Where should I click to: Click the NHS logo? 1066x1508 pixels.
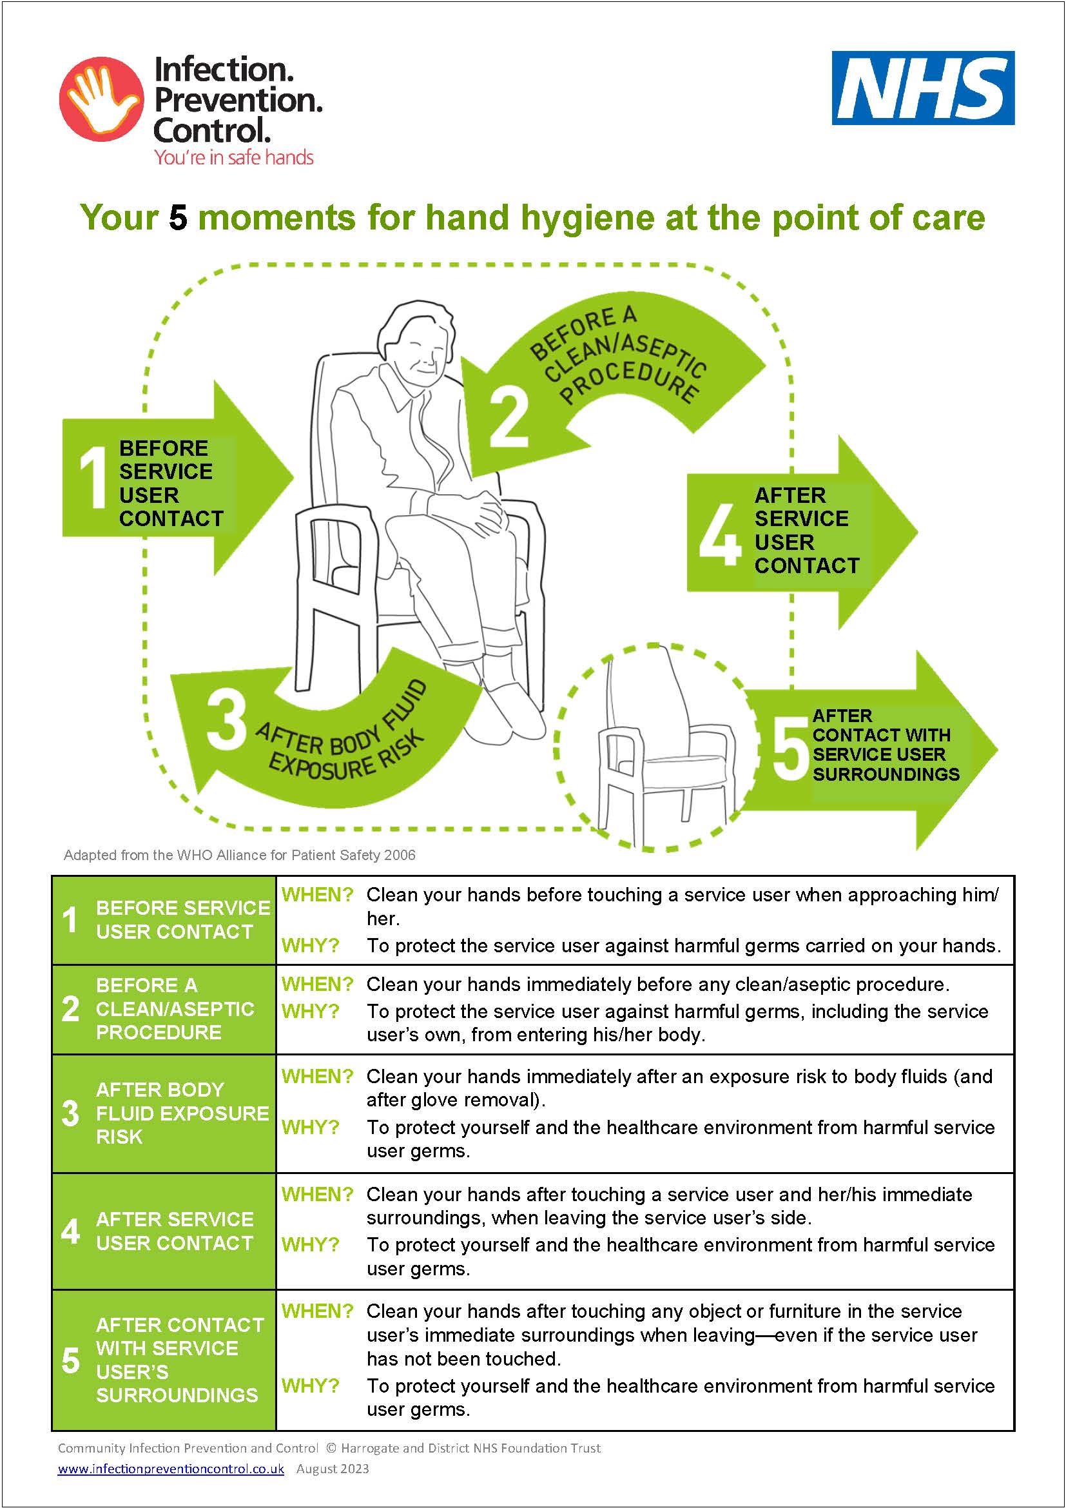pyautogui.click(x=923, y=88)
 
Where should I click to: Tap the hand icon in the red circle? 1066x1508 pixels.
pyautogui.click(x=100, y=97)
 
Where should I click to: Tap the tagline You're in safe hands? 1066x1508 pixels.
pyautogui.click(x=234, y=157)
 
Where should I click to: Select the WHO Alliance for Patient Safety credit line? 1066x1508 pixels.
pyautogui.click(x=240, y=854)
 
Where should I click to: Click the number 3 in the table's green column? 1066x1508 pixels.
pyautogui.click(x=70, y=1113)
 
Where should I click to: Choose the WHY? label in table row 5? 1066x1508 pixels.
pyautogui.click(x=310, y=1386)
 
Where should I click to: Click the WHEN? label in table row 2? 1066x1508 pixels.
pyautogui.click(x=317, y=984)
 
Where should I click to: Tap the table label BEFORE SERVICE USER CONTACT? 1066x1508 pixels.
pyautogui.click(x=183, y=919)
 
